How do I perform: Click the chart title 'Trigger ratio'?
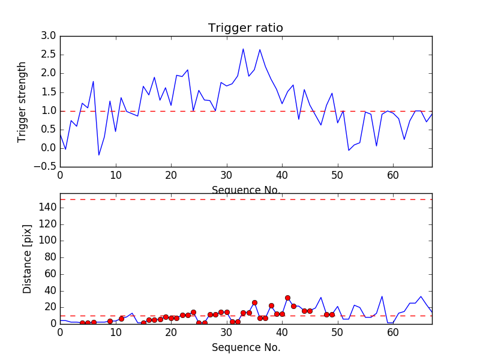pyautogui.click(x=245, y=28)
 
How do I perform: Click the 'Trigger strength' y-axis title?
pyautogui.click(x=22, y=101)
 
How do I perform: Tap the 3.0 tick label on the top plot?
pyautogui.click(x=48, y=36)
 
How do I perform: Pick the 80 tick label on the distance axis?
pyautogui.click(x=50, y=257)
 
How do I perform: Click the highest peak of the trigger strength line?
pyautogui.click(x=243, y=49)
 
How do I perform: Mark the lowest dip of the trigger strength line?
pyautogui.click(x=98, y=155)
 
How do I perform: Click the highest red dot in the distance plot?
pyautogui.click(x=287, y=298)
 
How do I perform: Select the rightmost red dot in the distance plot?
pyautogui.click(x=332, y=314)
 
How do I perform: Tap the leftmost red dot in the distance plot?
pyautogui.click(x=82, y=323)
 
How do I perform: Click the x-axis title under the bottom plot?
pyautogui.click(x=245, y=347)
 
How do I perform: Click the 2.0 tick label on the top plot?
pyautogui.click(x=48, y=74)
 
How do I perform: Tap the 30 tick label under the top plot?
pyautogui.click(x=226, y=176)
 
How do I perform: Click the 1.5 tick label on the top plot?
pyautogui.click(x=48, y=92)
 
